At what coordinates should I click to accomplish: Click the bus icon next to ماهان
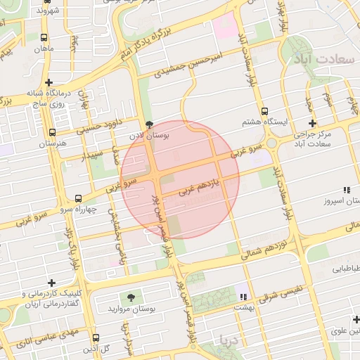click(46, 38)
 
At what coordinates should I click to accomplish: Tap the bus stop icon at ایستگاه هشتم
click(264, 111)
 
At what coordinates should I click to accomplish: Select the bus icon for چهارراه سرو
click(77, 198)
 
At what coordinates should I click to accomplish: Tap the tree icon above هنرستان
click(52, 131)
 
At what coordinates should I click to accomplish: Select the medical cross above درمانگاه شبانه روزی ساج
click(49, 81)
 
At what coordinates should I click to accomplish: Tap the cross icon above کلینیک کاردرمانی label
click(51, 282)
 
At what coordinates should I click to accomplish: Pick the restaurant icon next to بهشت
click(243, 297)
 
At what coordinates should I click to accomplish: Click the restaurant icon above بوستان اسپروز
click(346, 190)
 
